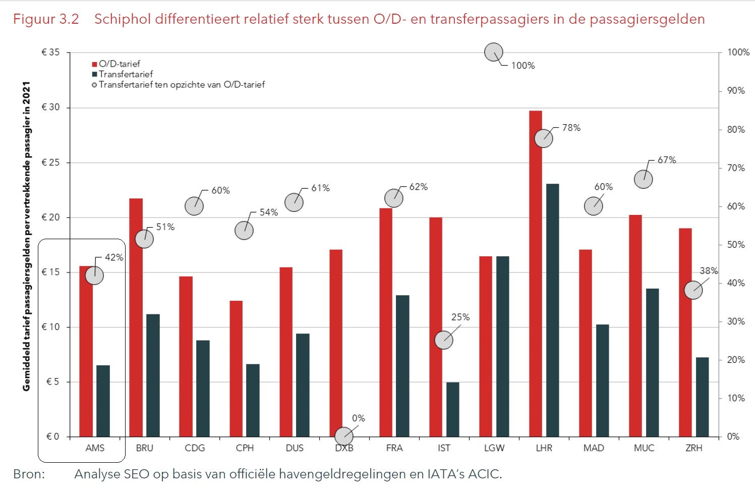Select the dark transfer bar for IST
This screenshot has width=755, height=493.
tap(453, 409)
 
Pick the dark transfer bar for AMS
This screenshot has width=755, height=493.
tap(103, 401)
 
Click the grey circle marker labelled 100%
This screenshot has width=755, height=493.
tap(494, 52)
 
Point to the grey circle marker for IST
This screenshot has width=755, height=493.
tap(444, 340)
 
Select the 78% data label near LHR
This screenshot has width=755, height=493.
tap(571, 128)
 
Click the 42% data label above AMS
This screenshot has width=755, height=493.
tap(114, 257)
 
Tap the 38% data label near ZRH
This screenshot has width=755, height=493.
tap(709, 271)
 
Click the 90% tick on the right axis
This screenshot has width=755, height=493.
tap(736, 91)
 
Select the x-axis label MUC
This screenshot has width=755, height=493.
tap(644, 448)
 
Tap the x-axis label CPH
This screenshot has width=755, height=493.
tap(245, 448)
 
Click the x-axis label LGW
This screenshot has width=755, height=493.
tap(494, 448)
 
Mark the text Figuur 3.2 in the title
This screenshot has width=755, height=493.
tap(46, 19)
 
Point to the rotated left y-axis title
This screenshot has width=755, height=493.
tap(27, 236)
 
